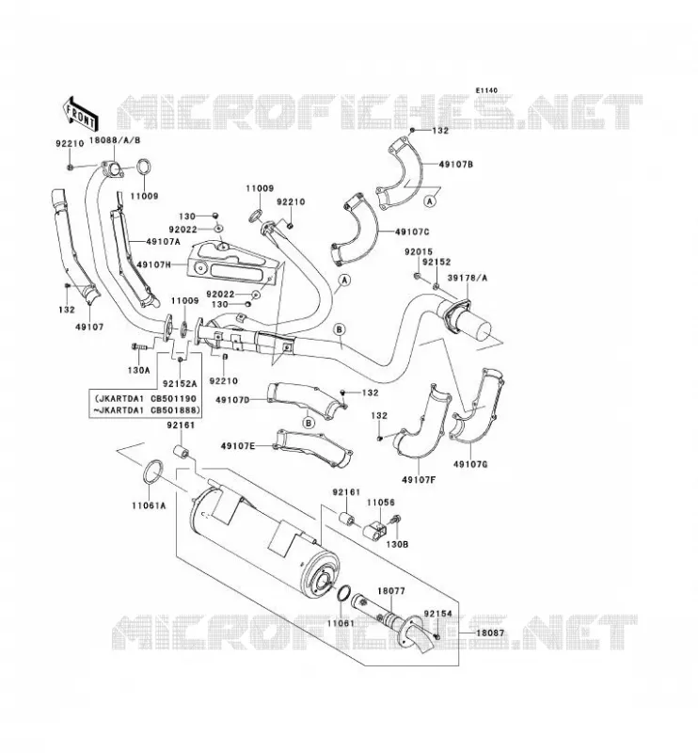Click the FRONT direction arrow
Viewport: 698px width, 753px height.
(80, 113)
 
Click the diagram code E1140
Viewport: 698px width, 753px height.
(486, 90)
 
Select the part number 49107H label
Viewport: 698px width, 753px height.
(154, 264)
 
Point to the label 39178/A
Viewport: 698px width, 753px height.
(468, 278)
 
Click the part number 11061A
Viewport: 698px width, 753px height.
(150, 505)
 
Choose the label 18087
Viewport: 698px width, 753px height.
(490, 633)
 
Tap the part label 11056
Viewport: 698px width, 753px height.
(381, 503)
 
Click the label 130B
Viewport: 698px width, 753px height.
(397, 545)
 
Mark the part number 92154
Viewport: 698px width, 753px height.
(437, 614)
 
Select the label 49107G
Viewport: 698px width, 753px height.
(470, 464)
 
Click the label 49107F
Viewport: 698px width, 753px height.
(419, 479)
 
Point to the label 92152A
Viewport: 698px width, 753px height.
(180, 384)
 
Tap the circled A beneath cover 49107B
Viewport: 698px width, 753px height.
(430, 201)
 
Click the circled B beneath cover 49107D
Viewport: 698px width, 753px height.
(309, 423)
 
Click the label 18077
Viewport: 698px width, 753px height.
(391, 591)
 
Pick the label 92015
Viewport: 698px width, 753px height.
(418, 251)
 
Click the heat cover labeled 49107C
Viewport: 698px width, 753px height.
(357, 231)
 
